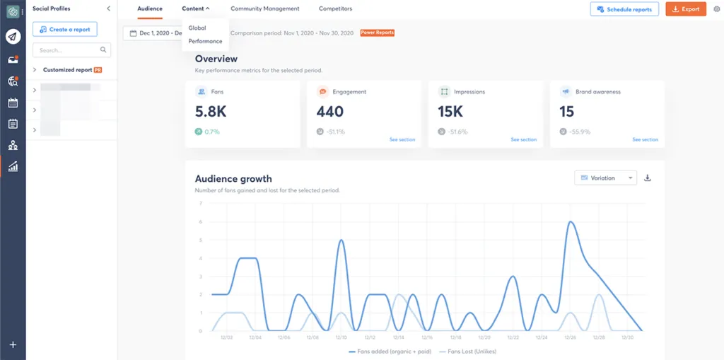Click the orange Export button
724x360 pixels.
click(x=685, y=9)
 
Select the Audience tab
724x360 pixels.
click(x=149, y=8)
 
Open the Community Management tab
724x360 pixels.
click(x=264, y=8)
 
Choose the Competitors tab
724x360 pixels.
click(x=335, y=8)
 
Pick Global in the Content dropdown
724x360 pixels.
click(x=197, y=28)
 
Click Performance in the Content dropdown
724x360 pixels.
click(x=205, y=41)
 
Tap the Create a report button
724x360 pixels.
click(x=65, y=29)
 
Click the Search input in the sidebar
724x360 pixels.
click(x=67, y=50)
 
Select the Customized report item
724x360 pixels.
click(x=68, y=70)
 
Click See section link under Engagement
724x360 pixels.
click(x=402, y=139)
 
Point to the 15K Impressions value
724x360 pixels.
click(x=450, y=112)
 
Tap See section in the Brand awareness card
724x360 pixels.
click(x=645, y=139)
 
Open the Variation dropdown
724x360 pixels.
click(x=605, y=178)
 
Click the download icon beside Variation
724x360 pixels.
click(x=648, y=178)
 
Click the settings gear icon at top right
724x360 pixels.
click(x=716, y=9)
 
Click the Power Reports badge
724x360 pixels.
click(x=377, y=33)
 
